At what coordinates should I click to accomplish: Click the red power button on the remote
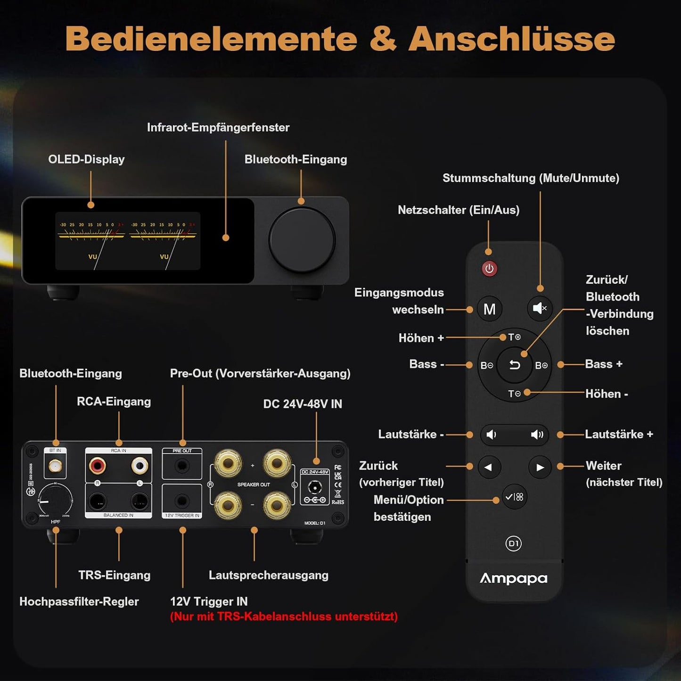point(489,269)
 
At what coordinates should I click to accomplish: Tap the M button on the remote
point(490,309)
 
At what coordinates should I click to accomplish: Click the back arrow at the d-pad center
point(515,365)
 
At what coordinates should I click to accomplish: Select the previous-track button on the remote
point(489,467)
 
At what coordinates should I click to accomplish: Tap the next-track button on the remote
point(540,467)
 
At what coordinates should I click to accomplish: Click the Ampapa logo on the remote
point(514,578)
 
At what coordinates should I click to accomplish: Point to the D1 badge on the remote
point(514,543)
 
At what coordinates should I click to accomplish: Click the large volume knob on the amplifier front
point(302,240)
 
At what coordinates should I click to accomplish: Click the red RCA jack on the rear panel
point(98,466)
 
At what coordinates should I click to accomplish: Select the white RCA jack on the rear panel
point(139,466)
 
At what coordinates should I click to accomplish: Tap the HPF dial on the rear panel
point(56,500)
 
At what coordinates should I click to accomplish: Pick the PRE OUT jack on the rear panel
point(182,466)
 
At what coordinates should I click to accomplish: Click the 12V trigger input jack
point(182,500)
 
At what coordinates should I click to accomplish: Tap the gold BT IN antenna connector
point(55,467)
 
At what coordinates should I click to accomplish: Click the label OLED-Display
point(86,159)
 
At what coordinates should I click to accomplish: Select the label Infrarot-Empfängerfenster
point(218,127)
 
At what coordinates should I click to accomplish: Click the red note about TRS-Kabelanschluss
point(284,616)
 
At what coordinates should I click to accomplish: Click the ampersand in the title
point(382,39)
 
